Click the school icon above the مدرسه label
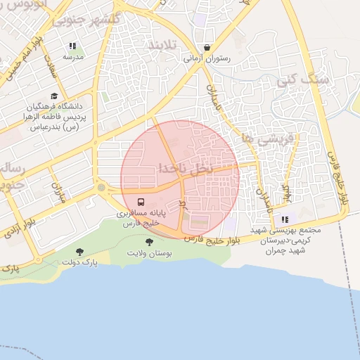[72, 46]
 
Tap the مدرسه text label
[72, 56]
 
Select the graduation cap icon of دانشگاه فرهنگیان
[54, 96]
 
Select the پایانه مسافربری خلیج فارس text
[138, 217]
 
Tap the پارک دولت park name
[79, 262]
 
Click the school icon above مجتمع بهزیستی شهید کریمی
[285, 219]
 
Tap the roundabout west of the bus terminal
[103, 188]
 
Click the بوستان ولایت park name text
[147, 252]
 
